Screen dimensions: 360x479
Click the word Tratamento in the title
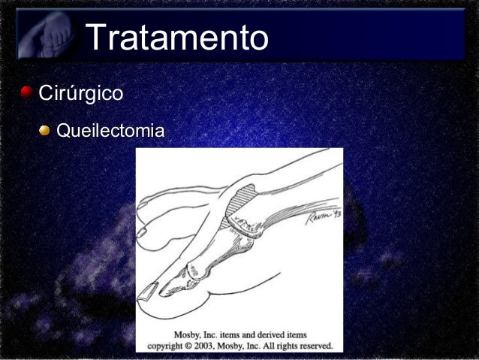click(177, 38)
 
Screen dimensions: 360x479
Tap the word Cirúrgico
click(80, 94)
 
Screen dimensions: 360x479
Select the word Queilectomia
click(110, 132)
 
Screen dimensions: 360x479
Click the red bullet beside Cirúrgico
click(27, 93)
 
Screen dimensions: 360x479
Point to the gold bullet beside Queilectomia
click(46, 132)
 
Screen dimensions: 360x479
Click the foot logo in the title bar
click(47, 35)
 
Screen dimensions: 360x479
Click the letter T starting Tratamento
click(97, 38)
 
